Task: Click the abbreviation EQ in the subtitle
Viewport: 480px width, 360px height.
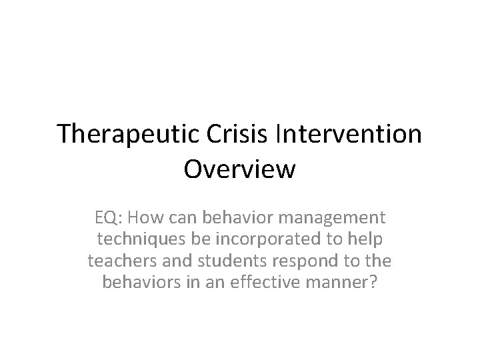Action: pyautogui.click(x=107, y=217)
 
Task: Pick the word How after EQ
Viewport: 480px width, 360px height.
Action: pyautogui.click(x=147, y=217)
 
